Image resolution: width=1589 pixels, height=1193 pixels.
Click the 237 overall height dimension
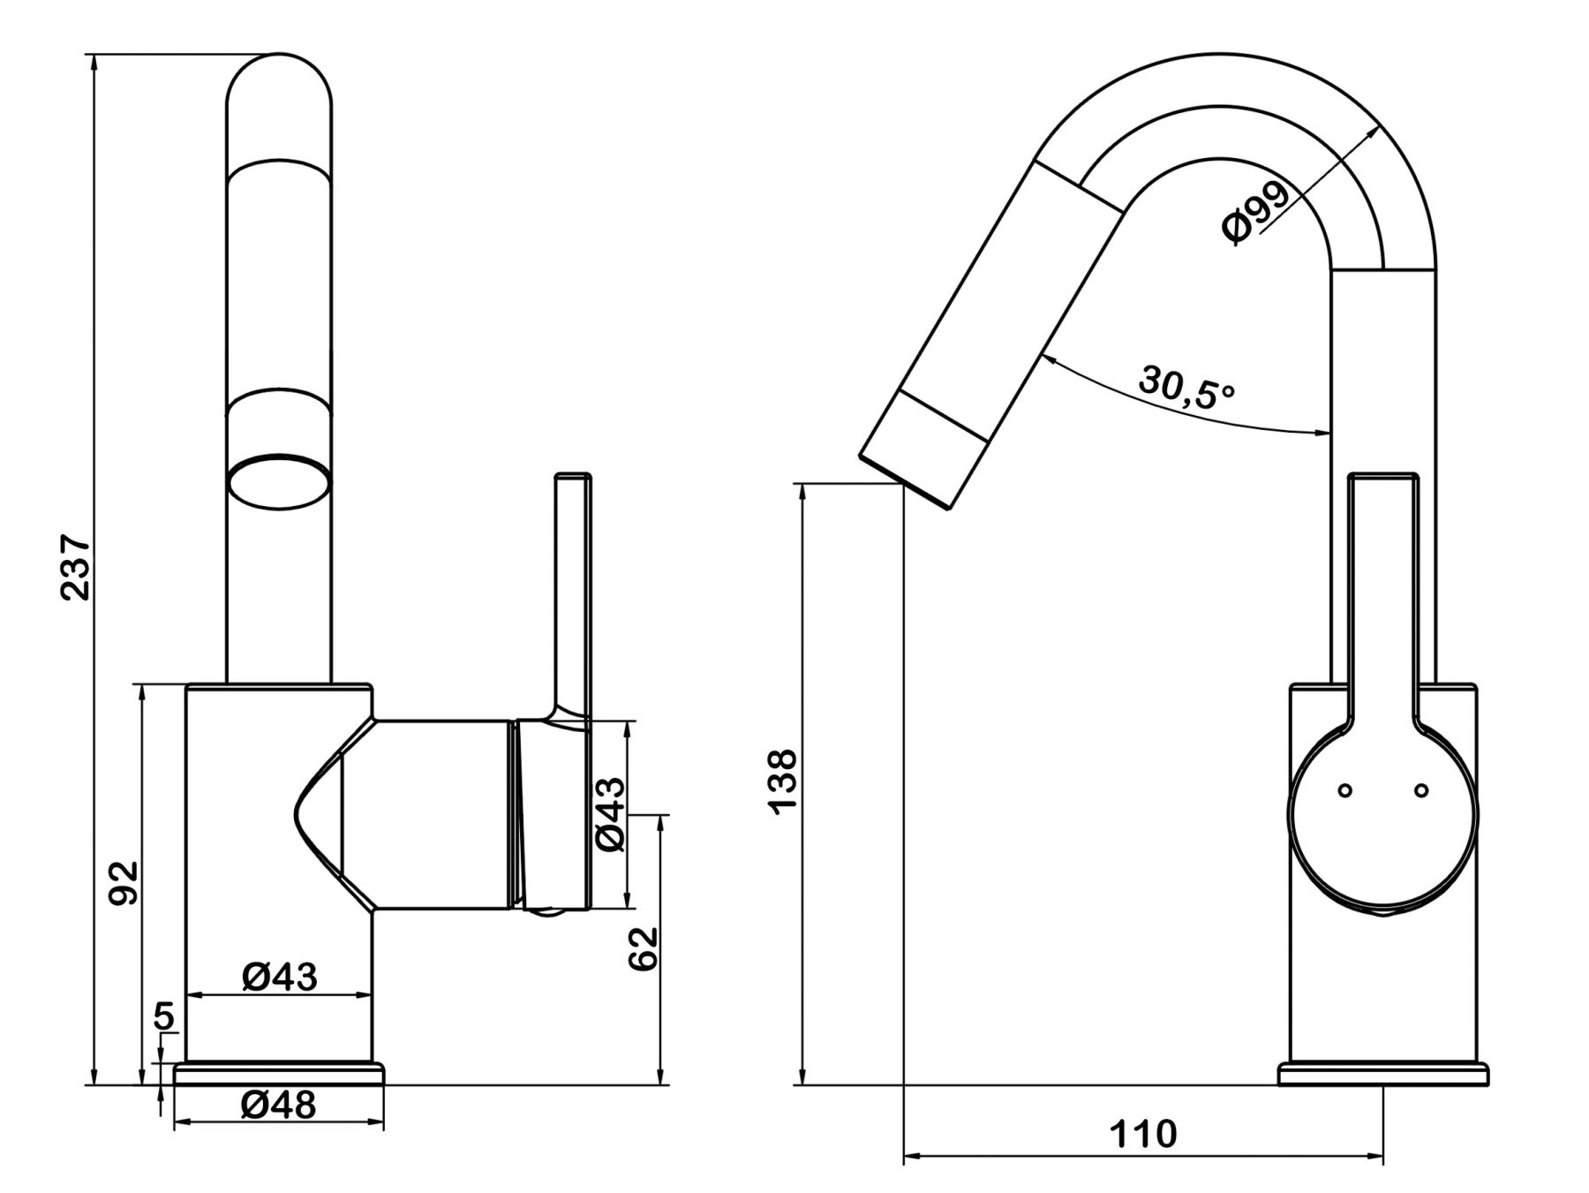tap(76, 567)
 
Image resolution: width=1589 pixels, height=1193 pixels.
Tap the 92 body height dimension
tap(124, 882)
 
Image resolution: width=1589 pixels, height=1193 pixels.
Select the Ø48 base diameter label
tap(278, 1104)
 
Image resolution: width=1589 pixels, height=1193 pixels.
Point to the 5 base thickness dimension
tap(164, 1016)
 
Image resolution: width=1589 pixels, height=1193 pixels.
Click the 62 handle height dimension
tap(644, 948)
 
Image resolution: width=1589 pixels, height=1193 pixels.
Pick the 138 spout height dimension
tap(782, 782)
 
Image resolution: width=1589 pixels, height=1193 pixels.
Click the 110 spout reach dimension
tap(1143, 1133)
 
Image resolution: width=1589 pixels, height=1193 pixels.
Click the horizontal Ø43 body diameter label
tap(279, 977)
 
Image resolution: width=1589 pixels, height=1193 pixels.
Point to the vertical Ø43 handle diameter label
tap(610, 814)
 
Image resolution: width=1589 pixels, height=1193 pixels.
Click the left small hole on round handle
tap(1344, 790)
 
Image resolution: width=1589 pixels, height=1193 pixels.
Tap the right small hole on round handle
tap(1421, 790)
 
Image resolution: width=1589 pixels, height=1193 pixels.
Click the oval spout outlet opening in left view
tap(280, 482)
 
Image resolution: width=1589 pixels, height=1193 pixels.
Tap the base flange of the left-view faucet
tap(280, 1073)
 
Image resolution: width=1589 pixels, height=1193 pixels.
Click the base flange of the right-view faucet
tap(1383, 1074)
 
